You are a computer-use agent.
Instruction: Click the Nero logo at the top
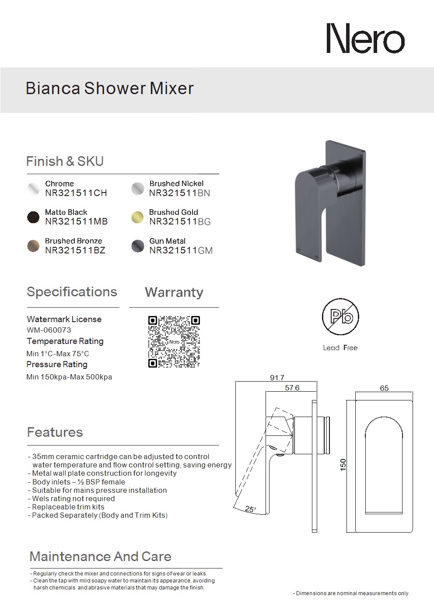click(x=365, y=39)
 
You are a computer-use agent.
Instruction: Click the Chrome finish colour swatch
click(x=33, y=188)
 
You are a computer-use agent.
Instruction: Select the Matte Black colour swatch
click(x=33, y=218)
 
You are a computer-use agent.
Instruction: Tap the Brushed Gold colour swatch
click(x=137, y=218)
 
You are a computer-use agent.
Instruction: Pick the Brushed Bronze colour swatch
click(x=33, y=246)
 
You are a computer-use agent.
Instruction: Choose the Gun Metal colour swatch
click(x=137, y=246)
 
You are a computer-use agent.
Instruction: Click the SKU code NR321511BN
click(x=179, y=193)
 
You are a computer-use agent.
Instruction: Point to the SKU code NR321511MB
click(x=76, y=221)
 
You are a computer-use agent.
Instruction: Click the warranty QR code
click(x=174, y=342)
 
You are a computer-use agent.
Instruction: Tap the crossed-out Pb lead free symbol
click(x=340, y=317)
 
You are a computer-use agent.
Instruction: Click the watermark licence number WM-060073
click(x=45, y=330)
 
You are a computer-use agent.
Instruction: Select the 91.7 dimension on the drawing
click(x=277, y=378)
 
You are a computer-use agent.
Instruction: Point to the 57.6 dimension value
click(x=292, y=388)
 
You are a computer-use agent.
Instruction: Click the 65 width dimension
click(x=384, y=388)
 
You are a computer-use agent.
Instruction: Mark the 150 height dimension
click(x=343, y=465)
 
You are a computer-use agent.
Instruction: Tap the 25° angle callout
click(x=251, y=509)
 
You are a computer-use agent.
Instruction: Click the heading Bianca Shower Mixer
click(x=110, y=88)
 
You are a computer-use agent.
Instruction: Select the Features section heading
click(x=55, y=432)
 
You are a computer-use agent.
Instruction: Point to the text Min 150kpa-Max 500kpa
click(x=69, y=377)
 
